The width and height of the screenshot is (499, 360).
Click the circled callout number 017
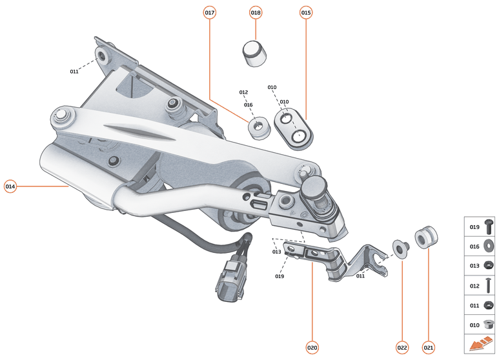[x=209, y=13]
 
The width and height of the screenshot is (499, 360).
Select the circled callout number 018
[x=256, y=13]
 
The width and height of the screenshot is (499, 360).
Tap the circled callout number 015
[x=306, y=13]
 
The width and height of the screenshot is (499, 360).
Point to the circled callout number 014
[x=10, y=186]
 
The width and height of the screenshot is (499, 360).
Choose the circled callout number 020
[x=312, y=348]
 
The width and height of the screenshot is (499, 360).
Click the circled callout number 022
[x=402, y=348]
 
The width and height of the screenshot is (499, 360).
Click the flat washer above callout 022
[x=401, y=248]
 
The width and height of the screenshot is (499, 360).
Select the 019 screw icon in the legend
[x=488, y=227]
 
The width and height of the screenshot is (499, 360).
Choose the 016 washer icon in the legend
[x=488, y=246]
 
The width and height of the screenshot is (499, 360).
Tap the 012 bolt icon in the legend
[x=488, y=284]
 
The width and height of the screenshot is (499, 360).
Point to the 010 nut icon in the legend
[x=488, y=324]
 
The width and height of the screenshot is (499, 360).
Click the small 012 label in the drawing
[x=243, y=92]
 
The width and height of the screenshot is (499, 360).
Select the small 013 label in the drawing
[x=276, y=252]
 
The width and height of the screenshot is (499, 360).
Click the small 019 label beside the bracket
[x=280, y=276]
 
